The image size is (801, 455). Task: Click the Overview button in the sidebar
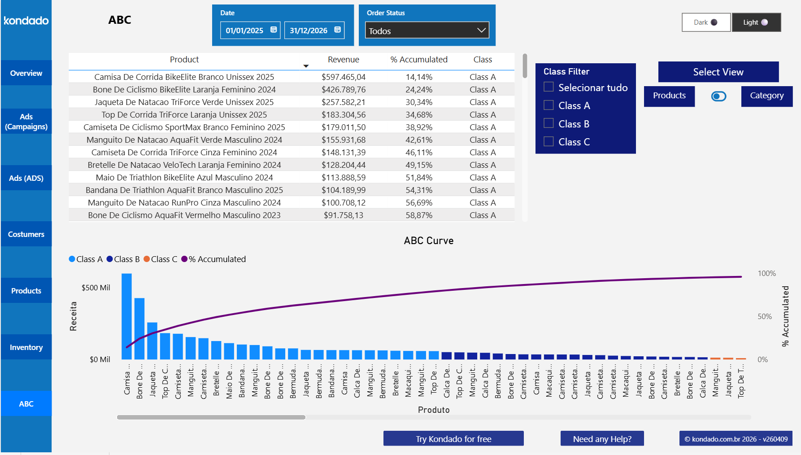(x=26, y=73)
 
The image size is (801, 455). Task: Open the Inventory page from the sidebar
(x=26, y=347)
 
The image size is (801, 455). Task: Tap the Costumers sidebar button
(x=26, y=234)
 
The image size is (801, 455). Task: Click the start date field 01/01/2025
(x=244, y=31)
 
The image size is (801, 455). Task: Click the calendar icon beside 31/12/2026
(x=338, y=30)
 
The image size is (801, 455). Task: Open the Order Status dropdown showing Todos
(x=427, y=31)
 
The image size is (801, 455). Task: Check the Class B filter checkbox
(x=549, y=123)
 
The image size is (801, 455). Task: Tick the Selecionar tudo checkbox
(x=549, y=87)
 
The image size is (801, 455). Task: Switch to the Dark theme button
(x=706, y=22)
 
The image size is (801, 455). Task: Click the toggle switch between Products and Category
(x=718, y=96)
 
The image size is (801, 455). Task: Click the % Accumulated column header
(x=418, y=60)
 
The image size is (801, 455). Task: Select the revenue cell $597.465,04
(x=343, y=77)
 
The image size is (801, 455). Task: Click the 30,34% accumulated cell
(x=418, y=102)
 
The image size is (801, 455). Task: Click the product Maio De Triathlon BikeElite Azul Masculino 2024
(x=184, y=178)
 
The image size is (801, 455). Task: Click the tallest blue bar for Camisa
(x=126, y=316)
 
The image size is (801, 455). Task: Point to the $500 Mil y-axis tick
(x=96, y=288)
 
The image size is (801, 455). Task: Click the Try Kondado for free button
(x=453, y=439)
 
